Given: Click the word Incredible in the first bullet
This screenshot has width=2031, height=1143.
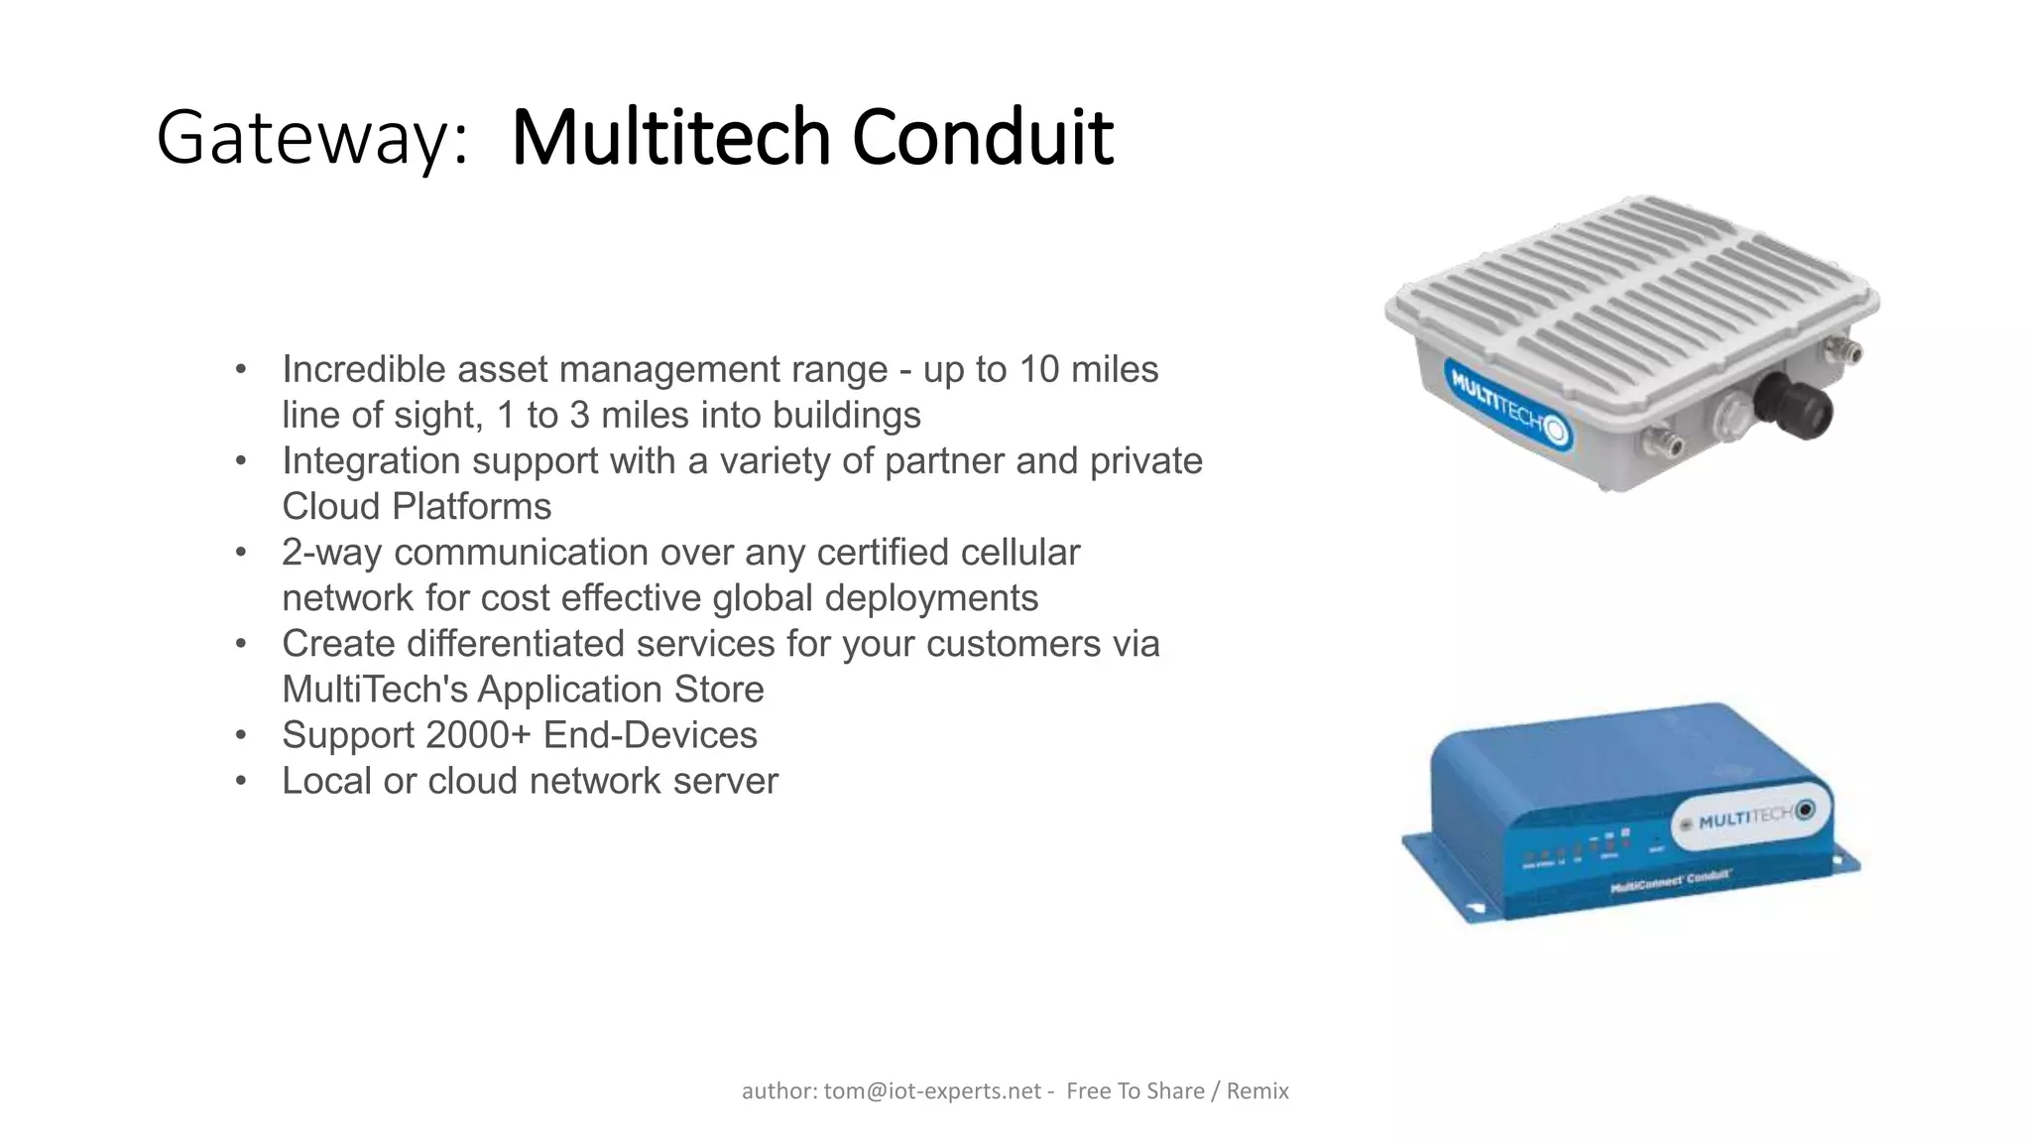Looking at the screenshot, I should coord(364,370).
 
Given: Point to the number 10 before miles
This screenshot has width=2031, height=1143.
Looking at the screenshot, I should coord(1039,370).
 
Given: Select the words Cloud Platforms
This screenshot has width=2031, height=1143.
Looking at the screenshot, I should coord(417,507).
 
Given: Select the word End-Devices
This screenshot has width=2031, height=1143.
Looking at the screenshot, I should coord(650,735).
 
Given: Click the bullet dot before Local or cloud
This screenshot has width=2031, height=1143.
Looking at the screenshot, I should coord(240,782).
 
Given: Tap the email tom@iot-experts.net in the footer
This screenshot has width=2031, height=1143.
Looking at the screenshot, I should coord(932,1091).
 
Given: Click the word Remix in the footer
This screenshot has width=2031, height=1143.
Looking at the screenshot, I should coord(1257,1091).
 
